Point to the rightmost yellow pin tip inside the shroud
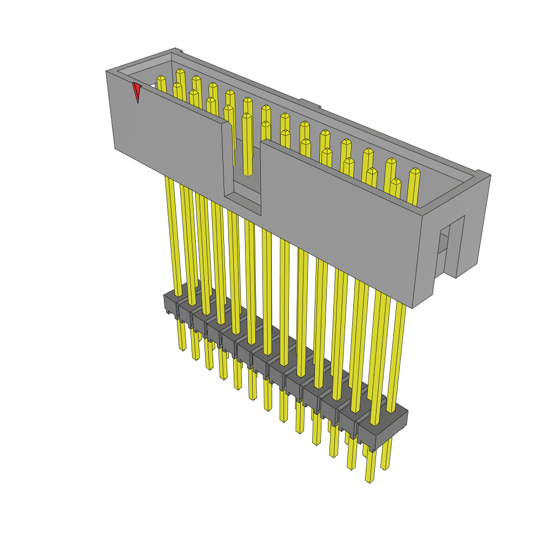[415, 172]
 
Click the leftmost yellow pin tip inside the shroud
[161, 79]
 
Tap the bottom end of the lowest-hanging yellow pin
[370, 479]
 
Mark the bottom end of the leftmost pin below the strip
[182, 348]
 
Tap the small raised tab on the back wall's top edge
[309, 103]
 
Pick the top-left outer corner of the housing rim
[107, 71]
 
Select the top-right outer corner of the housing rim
[490, 175]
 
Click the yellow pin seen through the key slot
[247, 146]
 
